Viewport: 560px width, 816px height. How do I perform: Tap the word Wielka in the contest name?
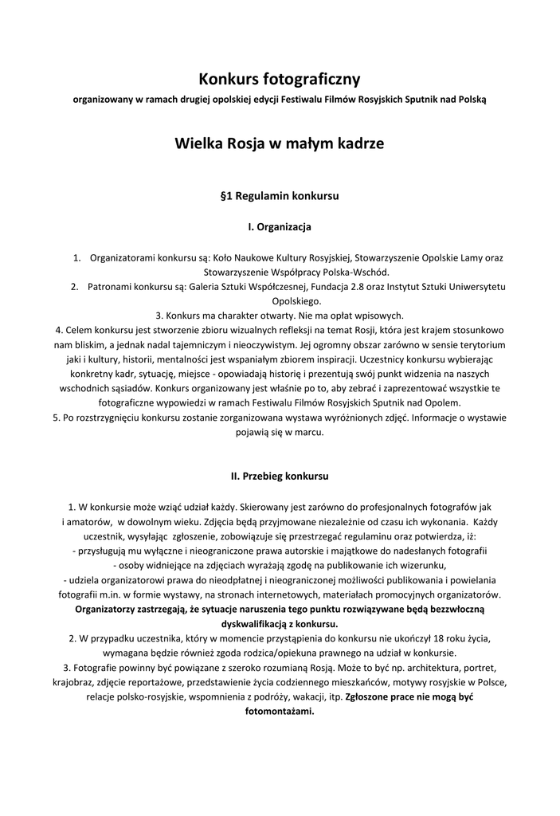tap(199, 144)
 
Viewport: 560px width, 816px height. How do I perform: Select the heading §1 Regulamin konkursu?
tap(280, 194)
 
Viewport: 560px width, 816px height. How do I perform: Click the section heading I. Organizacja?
tap(280, 227)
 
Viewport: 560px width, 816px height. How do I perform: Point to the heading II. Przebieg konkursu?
tap(280, 476)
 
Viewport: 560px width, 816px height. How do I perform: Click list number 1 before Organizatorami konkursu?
tap(77, 257)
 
